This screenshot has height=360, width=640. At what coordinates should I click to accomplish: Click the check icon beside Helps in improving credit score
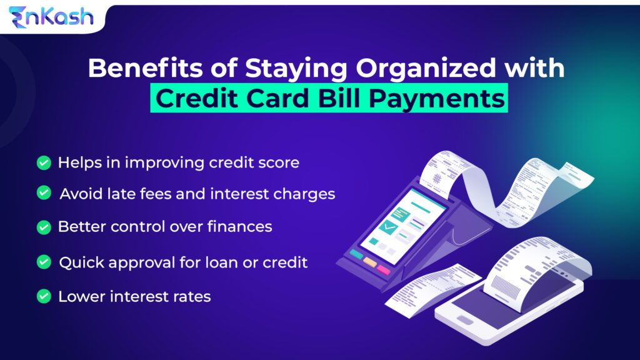(44, 163)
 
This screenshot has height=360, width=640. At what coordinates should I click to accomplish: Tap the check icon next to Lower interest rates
(44, 296)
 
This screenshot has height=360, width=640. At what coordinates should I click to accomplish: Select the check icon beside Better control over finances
(44, 227)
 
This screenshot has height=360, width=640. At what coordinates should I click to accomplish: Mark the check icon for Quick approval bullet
(44, 262)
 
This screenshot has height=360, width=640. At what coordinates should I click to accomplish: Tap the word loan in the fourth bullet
(224, 262)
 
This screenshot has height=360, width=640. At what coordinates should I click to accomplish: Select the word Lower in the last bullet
(79, 296)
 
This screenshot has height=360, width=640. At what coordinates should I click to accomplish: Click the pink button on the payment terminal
(383, 269)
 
